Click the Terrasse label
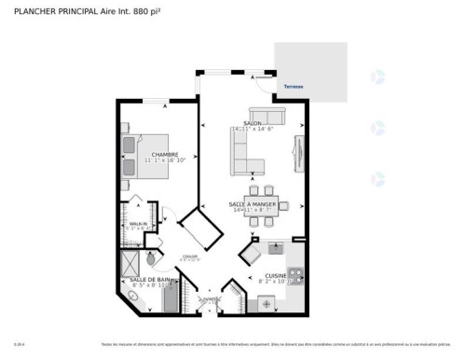(295, 86)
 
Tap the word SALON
(252, 123)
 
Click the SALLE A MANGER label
(250, 204)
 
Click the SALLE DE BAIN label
(149, 280)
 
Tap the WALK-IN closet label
(138, 224)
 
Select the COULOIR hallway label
(190, 256)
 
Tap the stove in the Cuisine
(295, 275)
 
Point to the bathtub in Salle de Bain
(171, 299)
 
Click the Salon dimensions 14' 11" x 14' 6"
(252, 130)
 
